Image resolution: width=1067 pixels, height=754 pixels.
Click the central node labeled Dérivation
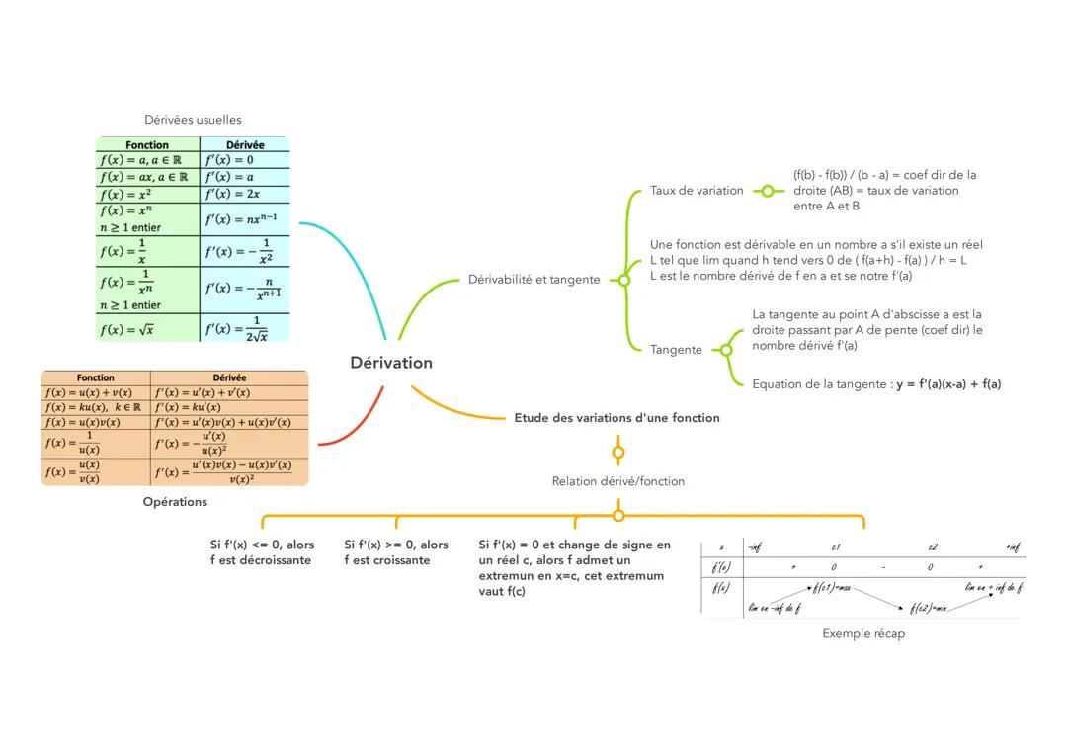(x=391, y=363)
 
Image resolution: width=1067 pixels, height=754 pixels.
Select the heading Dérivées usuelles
(x=193, y=120)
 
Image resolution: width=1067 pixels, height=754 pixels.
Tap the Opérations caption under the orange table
(x=175, y=501)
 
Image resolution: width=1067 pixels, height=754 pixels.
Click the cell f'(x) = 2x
(x=232, y=194)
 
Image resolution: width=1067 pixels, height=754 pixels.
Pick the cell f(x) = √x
(x=126, y=329)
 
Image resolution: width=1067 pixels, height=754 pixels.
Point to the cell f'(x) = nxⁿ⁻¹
(x=241, y=219)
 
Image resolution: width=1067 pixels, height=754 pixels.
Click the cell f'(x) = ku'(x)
(x=188, y=407)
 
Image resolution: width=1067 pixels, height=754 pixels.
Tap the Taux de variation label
(x=697, y=191)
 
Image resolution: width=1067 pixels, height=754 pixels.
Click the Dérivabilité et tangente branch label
(x=533, y=280)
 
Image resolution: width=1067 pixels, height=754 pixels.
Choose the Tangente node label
(x=676, y=350)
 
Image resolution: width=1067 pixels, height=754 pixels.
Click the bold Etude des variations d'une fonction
(x=616, y=418)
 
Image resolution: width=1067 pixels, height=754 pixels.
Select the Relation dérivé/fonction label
(x=617, y=481)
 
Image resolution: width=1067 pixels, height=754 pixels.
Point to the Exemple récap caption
(x=862, y=633)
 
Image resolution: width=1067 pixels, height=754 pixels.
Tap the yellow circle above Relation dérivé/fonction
(x=618, y=453)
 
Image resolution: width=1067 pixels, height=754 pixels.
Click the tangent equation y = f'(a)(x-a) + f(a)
(x=948, y=384)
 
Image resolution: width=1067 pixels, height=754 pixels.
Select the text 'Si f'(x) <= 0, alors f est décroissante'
(x=262, y=552)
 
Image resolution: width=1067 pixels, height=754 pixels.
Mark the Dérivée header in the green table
(x=245, y=145)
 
